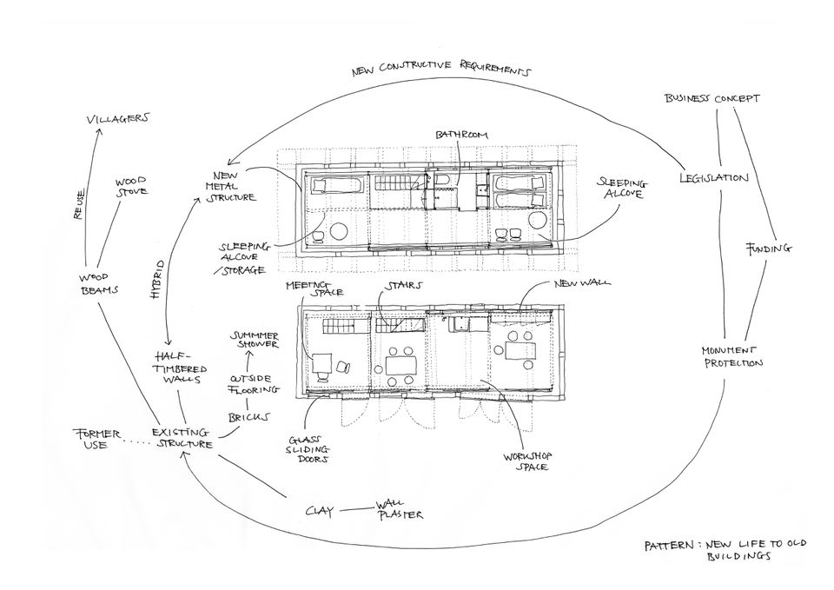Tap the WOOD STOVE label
[x=131, y=187]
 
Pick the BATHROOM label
[x=461, y=136]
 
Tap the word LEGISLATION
[x=713, y=178]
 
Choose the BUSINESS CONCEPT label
[x=712, y=98]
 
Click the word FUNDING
[x=770, y=249]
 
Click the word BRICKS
[x=248, y=417]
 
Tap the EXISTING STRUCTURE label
[x=182, y=438]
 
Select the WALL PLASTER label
[x=397, y=510]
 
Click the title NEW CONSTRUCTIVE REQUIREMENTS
[x=440, y=70]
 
